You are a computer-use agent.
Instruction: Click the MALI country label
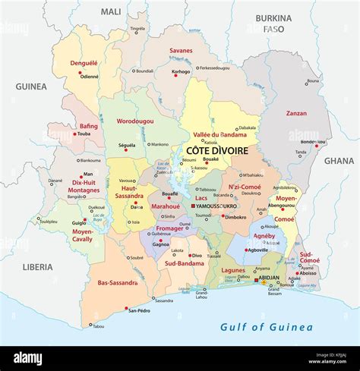point(111,12)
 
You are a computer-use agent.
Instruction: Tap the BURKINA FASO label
point(273,24)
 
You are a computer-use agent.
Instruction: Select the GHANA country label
point(339,161)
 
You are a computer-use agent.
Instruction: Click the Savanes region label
point(180,51)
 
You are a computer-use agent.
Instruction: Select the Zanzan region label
point(296,114)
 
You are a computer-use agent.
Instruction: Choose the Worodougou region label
point(136,121)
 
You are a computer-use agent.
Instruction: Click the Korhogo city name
point(181,71)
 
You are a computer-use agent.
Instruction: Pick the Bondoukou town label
point(313,142)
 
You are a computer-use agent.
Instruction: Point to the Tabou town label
point(98,326)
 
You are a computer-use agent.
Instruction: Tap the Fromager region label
point(169,228)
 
